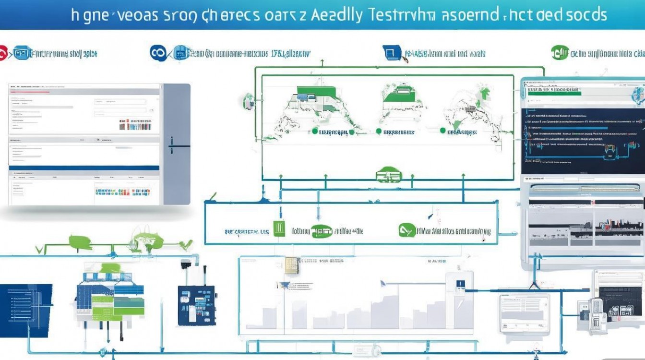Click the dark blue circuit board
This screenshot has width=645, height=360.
click(x=196, y=305)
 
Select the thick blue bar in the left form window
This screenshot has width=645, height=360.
click(x=84, y=168)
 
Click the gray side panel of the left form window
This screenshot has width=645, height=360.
click(x=177, y=144)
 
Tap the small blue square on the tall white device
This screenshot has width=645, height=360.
click(x=459, y=283)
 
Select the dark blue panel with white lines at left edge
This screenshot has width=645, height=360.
click(x=24, y=310)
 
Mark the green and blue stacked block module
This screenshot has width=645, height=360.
click(x=110, y=298)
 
